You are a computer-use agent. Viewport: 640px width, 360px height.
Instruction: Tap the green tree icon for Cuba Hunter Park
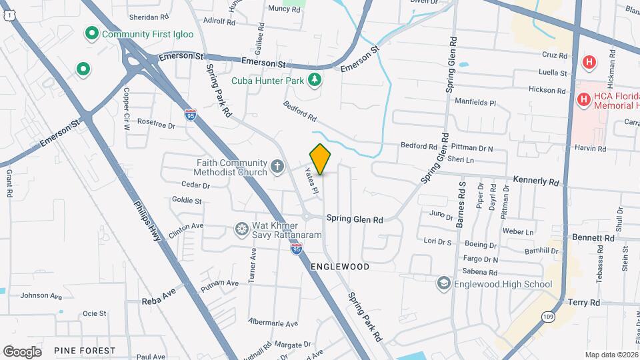click(x=315, y=81)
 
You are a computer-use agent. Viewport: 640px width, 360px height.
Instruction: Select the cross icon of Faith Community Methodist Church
click(x=278, y=167)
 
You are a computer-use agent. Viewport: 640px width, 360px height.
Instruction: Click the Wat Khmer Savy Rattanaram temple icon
click(x=242, y=230)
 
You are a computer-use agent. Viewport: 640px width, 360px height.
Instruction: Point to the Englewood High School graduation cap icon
click(x=443, y=284)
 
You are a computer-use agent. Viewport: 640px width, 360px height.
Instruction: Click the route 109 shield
click(x=547, y=315)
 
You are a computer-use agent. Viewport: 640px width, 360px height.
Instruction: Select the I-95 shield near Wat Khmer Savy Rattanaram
click(x=297, y=249)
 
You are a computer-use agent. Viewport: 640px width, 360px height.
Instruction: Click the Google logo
click(x=22, y=351)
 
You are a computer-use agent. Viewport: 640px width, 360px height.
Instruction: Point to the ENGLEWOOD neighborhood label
click(x=340, y=267)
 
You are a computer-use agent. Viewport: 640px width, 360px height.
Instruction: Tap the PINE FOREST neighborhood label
click(x=85, y=351)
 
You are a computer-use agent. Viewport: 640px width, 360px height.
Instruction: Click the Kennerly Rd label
click(x=535, y=181)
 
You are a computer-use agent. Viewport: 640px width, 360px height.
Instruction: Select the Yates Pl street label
click(x=312, y=180)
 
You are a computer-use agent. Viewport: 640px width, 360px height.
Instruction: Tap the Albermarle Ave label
click(x=273, y=323)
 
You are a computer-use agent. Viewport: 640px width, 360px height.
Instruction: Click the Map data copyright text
click(x=611, y=355)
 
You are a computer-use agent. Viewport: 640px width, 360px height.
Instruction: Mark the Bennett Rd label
click(x=591, y=237)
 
